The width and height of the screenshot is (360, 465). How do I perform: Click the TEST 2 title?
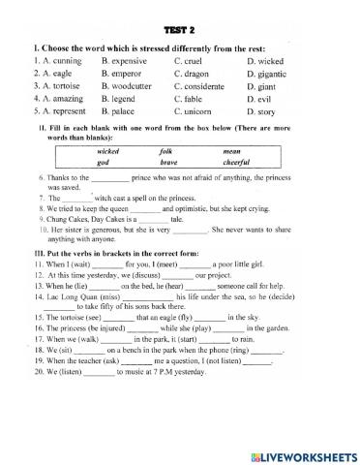pyautogui.click(x=180, y=28)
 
